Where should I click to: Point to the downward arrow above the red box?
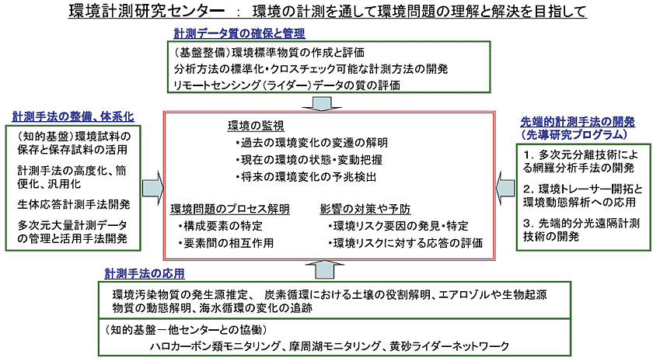(321, 102)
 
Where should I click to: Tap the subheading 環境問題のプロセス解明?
(230, 210)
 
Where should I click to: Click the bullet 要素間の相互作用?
(225, 243)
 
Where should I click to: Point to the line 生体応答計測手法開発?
(73, 204)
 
